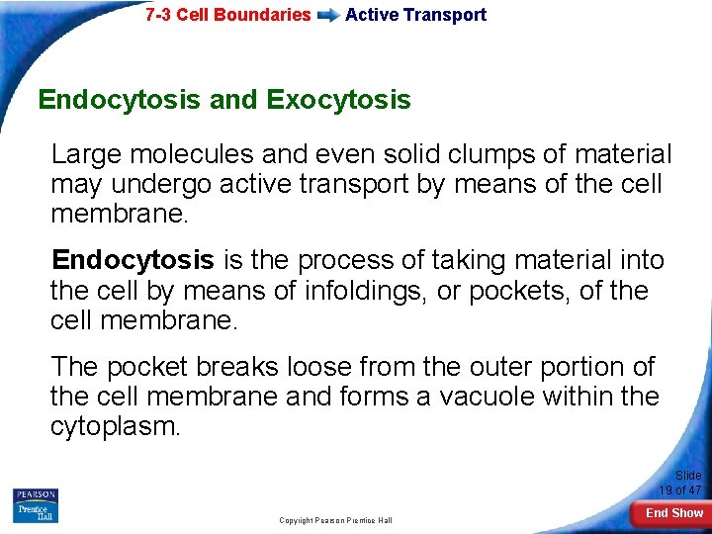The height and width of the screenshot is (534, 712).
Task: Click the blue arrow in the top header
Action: (x=328, y=15)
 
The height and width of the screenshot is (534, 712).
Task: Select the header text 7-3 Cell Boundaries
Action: (x=227, y=15)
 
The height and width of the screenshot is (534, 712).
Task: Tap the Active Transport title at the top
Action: (x=415, y=15)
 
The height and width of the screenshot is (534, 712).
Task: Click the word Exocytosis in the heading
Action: (x=338, y=100)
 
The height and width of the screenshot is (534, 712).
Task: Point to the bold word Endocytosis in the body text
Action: (x=133, y=260)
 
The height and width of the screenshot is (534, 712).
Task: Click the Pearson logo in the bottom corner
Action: (x=35, y=494)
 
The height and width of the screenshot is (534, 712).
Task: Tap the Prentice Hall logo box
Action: (x=35, y=512)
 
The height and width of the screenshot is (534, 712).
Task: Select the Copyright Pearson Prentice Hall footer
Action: (x=335, y=520)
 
